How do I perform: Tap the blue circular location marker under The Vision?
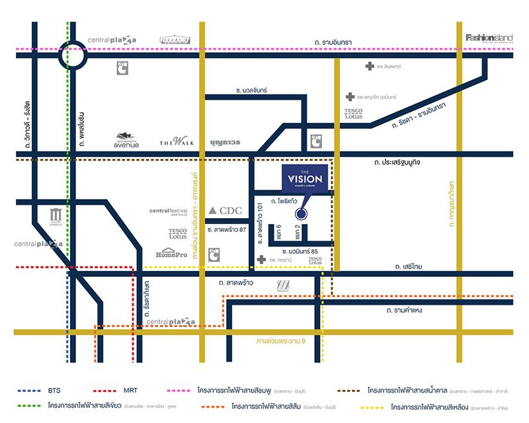tap(302, 213)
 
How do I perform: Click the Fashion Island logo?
tap(489, 38)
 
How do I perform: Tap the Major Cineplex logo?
tap(56, 217)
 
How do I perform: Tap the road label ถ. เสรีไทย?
tap(409, 267)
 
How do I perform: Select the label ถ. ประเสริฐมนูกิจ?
tap(401, 162)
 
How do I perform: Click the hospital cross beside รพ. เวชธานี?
tap(262, 259)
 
